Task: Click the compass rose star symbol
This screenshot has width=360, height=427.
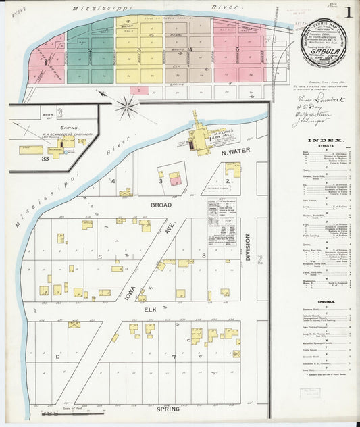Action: click(x=126, y=106)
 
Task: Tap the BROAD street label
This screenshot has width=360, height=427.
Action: click(x=161, y=205)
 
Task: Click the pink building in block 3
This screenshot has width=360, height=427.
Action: click(x=174, y=179)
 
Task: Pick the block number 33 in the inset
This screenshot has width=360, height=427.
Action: click(x=45, y=158)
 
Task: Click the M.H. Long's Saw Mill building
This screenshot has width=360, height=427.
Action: click(x=199, y=139)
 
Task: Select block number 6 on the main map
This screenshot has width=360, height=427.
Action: click(x=57, y=357)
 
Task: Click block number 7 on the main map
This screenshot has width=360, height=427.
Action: click(x=173, y=357)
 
